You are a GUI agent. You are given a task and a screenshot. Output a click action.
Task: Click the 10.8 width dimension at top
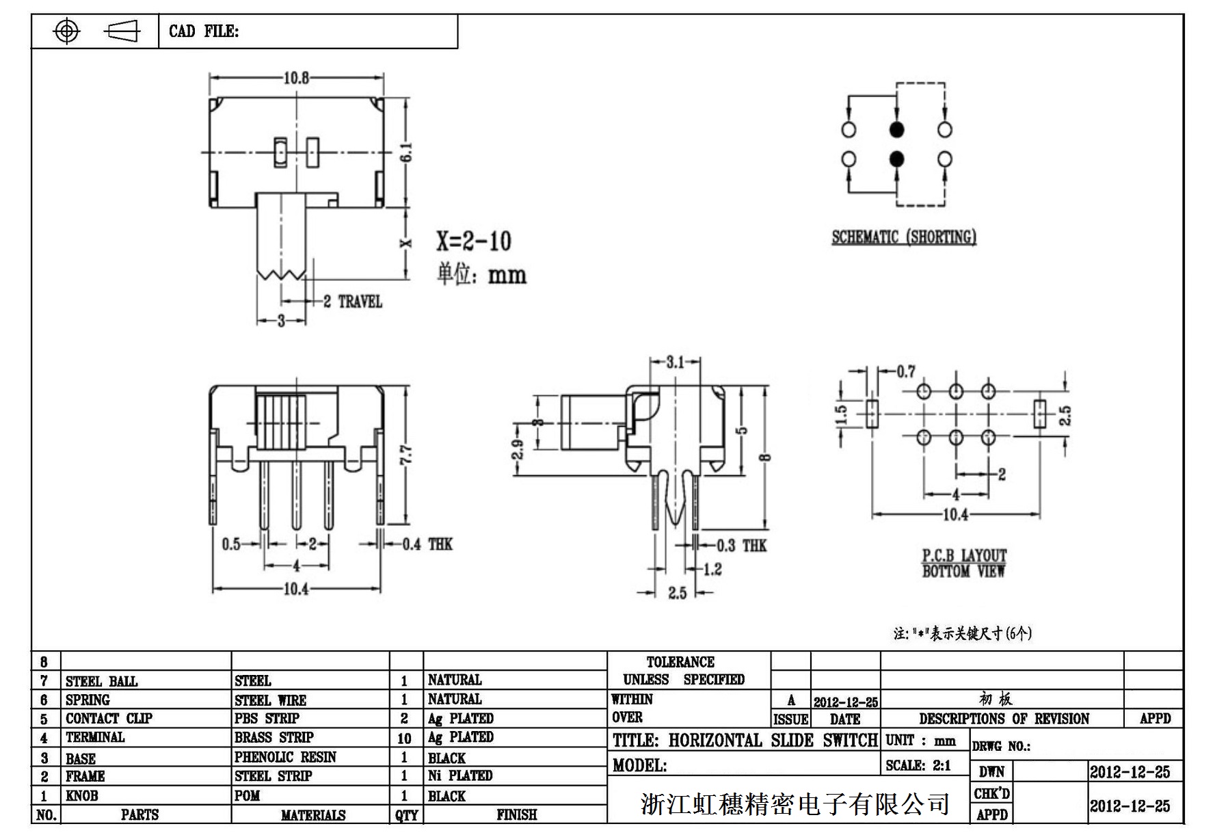[296, 78]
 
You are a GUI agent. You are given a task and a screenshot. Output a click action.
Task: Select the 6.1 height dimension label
[406, 152]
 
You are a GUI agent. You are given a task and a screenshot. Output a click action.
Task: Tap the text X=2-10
[474, 241]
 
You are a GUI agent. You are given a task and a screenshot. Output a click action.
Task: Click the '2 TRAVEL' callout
[352, 302]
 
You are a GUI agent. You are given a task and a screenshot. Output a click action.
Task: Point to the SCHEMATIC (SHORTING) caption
[903, 237]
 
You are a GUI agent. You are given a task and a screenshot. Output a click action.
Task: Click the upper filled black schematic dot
[896, 129]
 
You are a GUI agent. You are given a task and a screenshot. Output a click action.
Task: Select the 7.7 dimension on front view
[405, 454]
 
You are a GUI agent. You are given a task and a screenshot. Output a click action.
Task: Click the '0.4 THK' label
[427, 544]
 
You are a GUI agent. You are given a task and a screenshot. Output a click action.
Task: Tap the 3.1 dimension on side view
[675, 362]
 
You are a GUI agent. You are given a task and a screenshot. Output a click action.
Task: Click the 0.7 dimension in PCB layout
[906, 371]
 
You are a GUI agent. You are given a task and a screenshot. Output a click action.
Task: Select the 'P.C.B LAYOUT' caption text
[964, 555]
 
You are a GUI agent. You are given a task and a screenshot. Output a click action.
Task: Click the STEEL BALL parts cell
[101, 681]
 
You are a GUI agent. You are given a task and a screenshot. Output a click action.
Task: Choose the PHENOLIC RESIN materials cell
[285, 757]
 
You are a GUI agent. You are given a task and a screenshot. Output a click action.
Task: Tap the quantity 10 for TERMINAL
[404, 739]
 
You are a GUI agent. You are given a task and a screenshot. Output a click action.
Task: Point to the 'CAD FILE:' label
[204, 31]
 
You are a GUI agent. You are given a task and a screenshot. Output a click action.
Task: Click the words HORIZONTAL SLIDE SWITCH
[773, 740]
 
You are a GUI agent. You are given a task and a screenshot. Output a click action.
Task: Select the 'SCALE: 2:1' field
[918, 766]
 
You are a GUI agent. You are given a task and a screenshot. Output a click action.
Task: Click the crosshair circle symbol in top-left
[66, 31]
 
